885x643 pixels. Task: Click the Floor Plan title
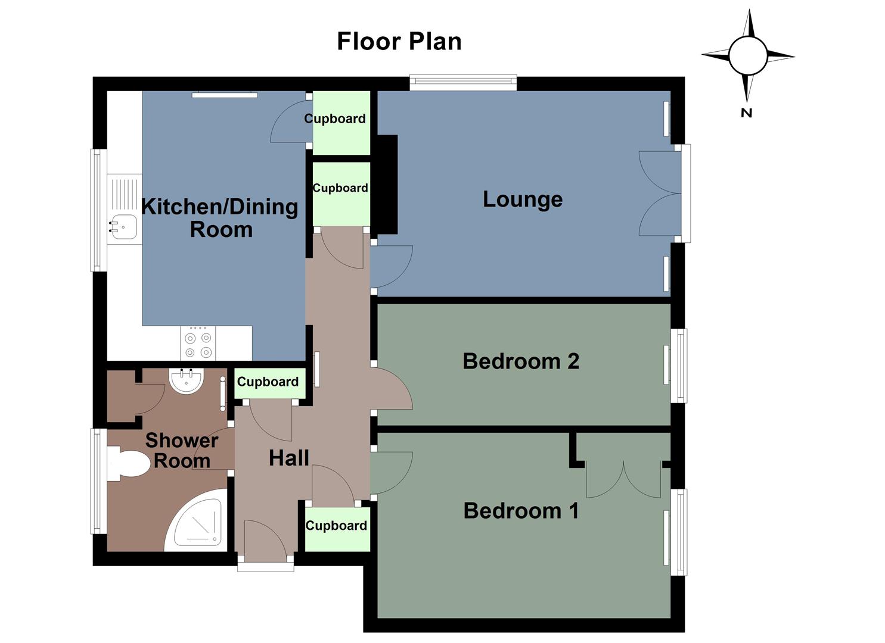[399, 41]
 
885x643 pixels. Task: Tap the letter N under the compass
[746, 113]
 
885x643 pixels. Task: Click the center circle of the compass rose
[748, 56]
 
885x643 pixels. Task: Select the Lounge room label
[522, 199]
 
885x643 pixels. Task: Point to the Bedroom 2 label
[520, 361]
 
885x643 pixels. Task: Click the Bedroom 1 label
[521, 510]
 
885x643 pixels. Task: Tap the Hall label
[289, 458]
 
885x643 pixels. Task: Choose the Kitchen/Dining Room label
[220, 218]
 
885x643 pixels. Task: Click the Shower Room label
[181, 450]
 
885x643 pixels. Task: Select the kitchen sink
[124, 227]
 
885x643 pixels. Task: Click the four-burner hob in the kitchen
[198, 344]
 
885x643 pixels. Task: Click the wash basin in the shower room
[187, 380]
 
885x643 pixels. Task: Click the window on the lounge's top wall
[463, 82]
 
